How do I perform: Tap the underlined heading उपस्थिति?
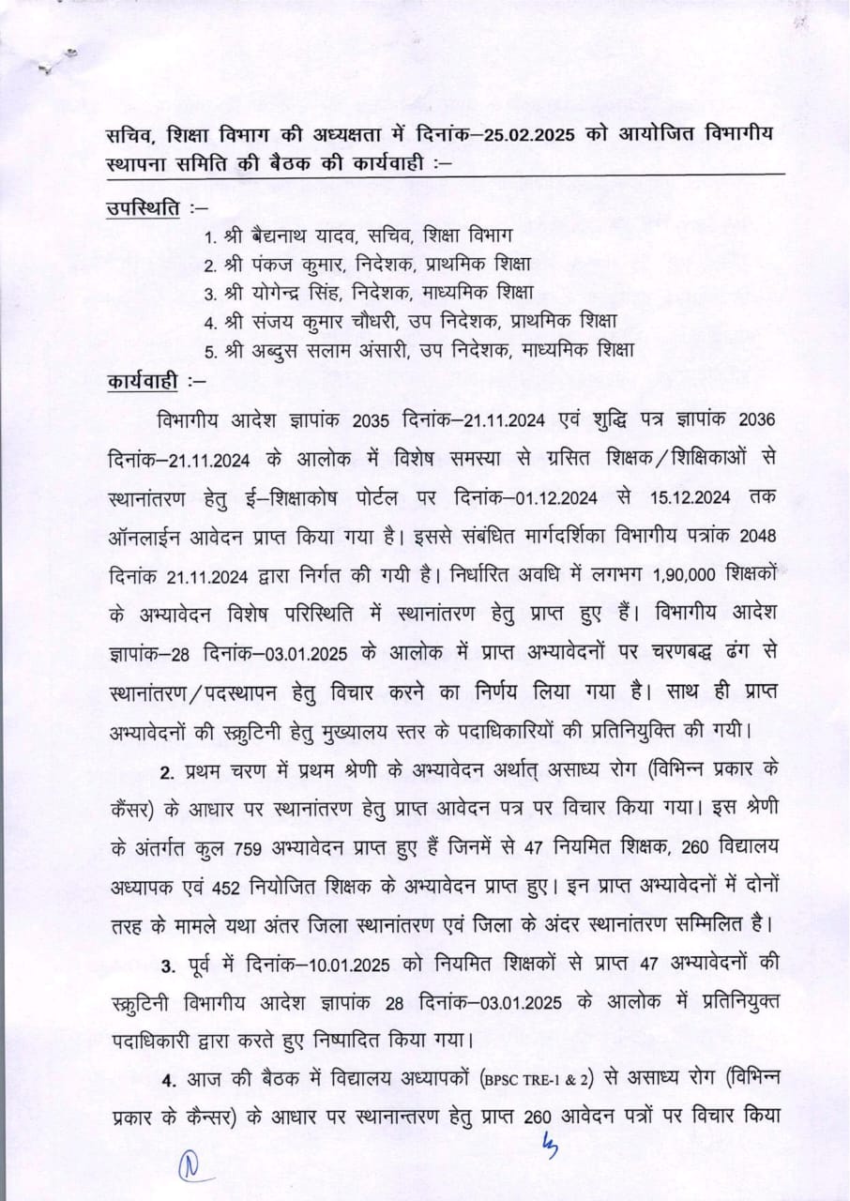141,205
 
